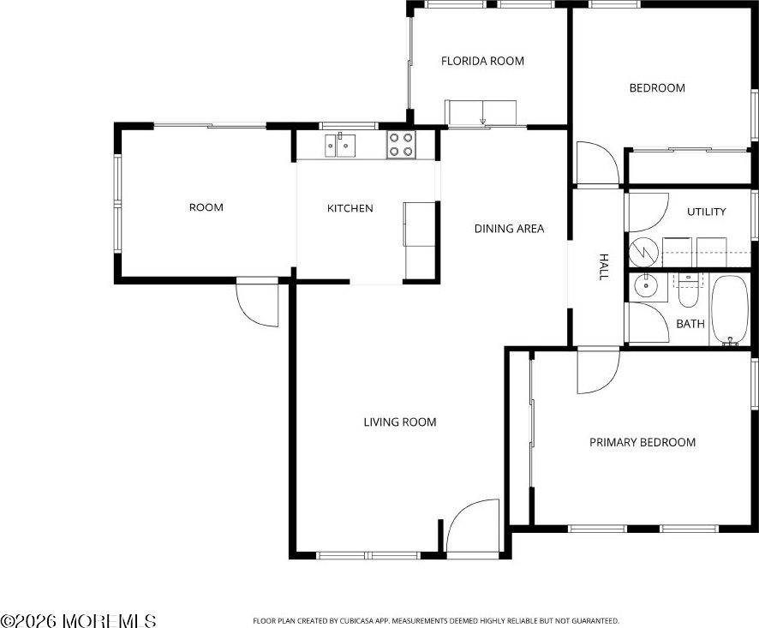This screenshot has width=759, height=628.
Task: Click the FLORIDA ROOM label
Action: coord(482,61)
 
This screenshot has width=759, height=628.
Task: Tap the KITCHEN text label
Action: coord(350,208)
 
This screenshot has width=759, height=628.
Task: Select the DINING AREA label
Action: coord(509,229)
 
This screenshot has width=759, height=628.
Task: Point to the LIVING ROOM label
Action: coord(399,422)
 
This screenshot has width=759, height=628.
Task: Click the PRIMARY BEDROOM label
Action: coord(642,442)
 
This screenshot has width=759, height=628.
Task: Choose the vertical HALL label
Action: coord(603,266)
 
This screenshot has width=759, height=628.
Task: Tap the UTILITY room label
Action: coord(706,212)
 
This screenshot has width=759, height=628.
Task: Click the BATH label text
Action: coord(690,324)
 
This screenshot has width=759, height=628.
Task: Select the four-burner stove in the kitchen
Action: coord(400,145)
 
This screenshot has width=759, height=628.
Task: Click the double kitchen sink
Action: coord(341,145)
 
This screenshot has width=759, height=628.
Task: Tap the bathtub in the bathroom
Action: coord(730,309)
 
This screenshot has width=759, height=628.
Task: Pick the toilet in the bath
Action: coord(689,291)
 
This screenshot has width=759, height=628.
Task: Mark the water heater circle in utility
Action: coord(645,251)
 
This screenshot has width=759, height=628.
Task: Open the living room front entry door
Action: coord(473,527)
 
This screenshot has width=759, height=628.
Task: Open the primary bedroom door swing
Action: coord(597,370)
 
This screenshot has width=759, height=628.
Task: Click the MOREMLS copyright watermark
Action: coord(78,620)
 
